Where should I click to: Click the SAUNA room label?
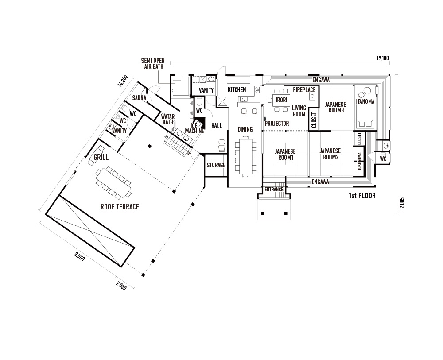pyautogui.click(x=139, y=98)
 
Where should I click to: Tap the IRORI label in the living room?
pyautogui.click(x=281, y=100)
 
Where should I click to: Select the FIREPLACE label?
pyautogui.click(x=304, y=90)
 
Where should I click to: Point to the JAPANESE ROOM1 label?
pyautogui.click(x=285, y=155)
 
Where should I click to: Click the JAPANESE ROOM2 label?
pyautogui.click(x=330, y=154)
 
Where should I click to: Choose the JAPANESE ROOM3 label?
pyautogui.click(x=335, y=107)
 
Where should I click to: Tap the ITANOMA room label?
pyautogui.click(x=365, y=101)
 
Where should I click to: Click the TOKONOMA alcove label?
pyautogui.click(x=359, y=162)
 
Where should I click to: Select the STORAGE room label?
pyautogui.click(x=216, y=165)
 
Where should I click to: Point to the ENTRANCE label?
pyautogui.click(x=274, y=190)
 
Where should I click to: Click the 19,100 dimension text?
pyautogui.click(x=383, y=58)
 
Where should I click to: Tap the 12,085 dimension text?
pyautogui.click(x=402, y=204)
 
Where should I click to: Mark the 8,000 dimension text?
pyautogui.click(x=79, y=256)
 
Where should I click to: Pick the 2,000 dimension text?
pyautogui.click(x=121, y=286)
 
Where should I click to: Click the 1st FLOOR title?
pyautogui.click(x=362, y=196)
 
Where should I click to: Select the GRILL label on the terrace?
pyautogui.click(x=101, y=157)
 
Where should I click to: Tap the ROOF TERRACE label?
pyautogui.click(x=120, y=207)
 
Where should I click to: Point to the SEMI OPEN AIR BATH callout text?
pyautogui.click(x=153, y=63)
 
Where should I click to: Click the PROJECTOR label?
pyautogui.click(x=277, y=124)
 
